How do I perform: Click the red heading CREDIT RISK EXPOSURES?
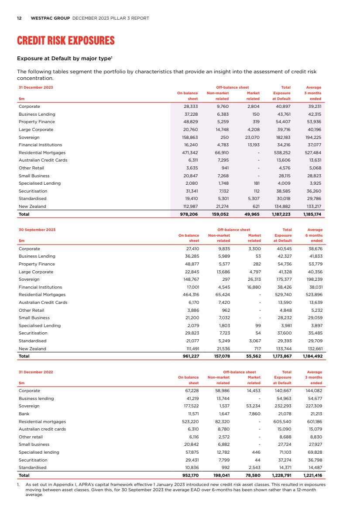(65, 41)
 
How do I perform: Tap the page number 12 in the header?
(19, 18)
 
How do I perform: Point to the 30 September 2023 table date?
(37, 230)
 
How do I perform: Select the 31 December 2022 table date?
(36, 372)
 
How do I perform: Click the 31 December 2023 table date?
(36, 87)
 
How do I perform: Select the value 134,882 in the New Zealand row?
(281, 207)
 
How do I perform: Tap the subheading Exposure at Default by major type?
(65, 58)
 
